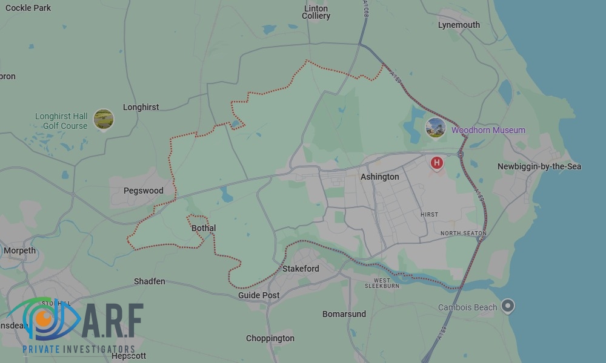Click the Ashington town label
tap(379, 177)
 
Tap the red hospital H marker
tap(436, 163)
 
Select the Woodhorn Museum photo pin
tap(436, 127)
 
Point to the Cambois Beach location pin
tap(508, 306)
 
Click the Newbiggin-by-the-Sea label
tap(539, 166)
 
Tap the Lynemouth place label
tap(459, 25)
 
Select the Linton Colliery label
tap(316, 12)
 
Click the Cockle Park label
tap(28, 8)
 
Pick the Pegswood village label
tap(144, 191)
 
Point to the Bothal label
tap(204, 228)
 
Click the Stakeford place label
tap(301, 269)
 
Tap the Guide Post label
tap(259, 295)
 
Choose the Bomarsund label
tap(344, 314)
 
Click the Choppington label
tap(270, 338)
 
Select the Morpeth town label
tap(20, 250)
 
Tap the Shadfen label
tap(149, 281)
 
